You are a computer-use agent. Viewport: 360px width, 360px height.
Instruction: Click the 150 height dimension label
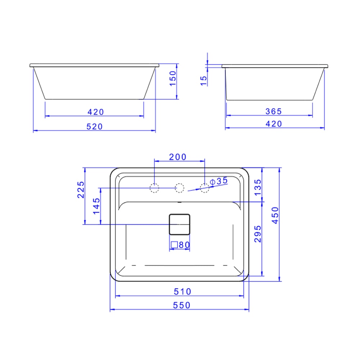click(x=173, y=78)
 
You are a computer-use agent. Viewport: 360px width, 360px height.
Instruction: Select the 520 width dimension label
click(x=95, y=126)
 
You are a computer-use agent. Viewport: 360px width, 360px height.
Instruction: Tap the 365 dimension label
click(x=274, y=112)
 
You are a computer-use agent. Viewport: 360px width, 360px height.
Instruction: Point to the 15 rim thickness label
click(x=204, y=80)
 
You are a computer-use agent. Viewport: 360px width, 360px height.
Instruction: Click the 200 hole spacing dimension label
click(x=178, y=157)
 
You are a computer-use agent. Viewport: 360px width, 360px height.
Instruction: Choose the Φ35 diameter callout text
click(x=219, y=181)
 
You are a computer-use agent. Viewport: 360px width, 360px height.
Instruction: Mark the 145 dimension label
click(x=96, y=206)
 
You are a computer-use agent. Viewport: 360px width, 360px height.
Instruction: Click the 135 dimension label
click(x=258, y=187)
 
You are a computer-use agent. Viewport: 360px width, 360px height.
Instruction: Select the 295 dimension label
click(x=258, y=234)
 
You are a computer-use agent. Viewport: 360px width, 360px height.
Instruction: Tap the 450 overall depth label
click(x=275, y=215)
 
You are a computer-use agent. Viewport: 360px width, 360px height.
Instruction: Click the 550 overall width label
click(x=181, y=305)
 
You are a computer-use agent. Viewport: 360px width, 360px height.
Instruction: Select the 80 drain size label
click(x=184, y=245)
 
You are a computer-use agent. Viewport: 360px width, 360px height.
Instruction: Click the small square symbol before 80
click(x=174, y=245)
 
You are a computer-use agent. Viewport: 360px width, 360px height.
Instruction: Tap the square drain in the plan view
click(x=179, y=224)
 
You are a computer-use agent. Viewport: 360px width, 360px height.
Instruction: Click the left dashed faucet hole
click(x=154, y=188)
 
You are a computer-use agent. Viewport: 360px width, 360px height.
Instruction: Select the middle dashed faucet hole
click(x=179, y=188)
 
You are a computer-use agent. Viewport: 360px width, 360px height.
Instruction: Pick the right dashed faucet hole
click(x=204, y=188)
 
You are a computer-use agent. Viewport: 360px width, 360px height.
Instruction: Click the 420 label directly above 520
click(x=96, y=112)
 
